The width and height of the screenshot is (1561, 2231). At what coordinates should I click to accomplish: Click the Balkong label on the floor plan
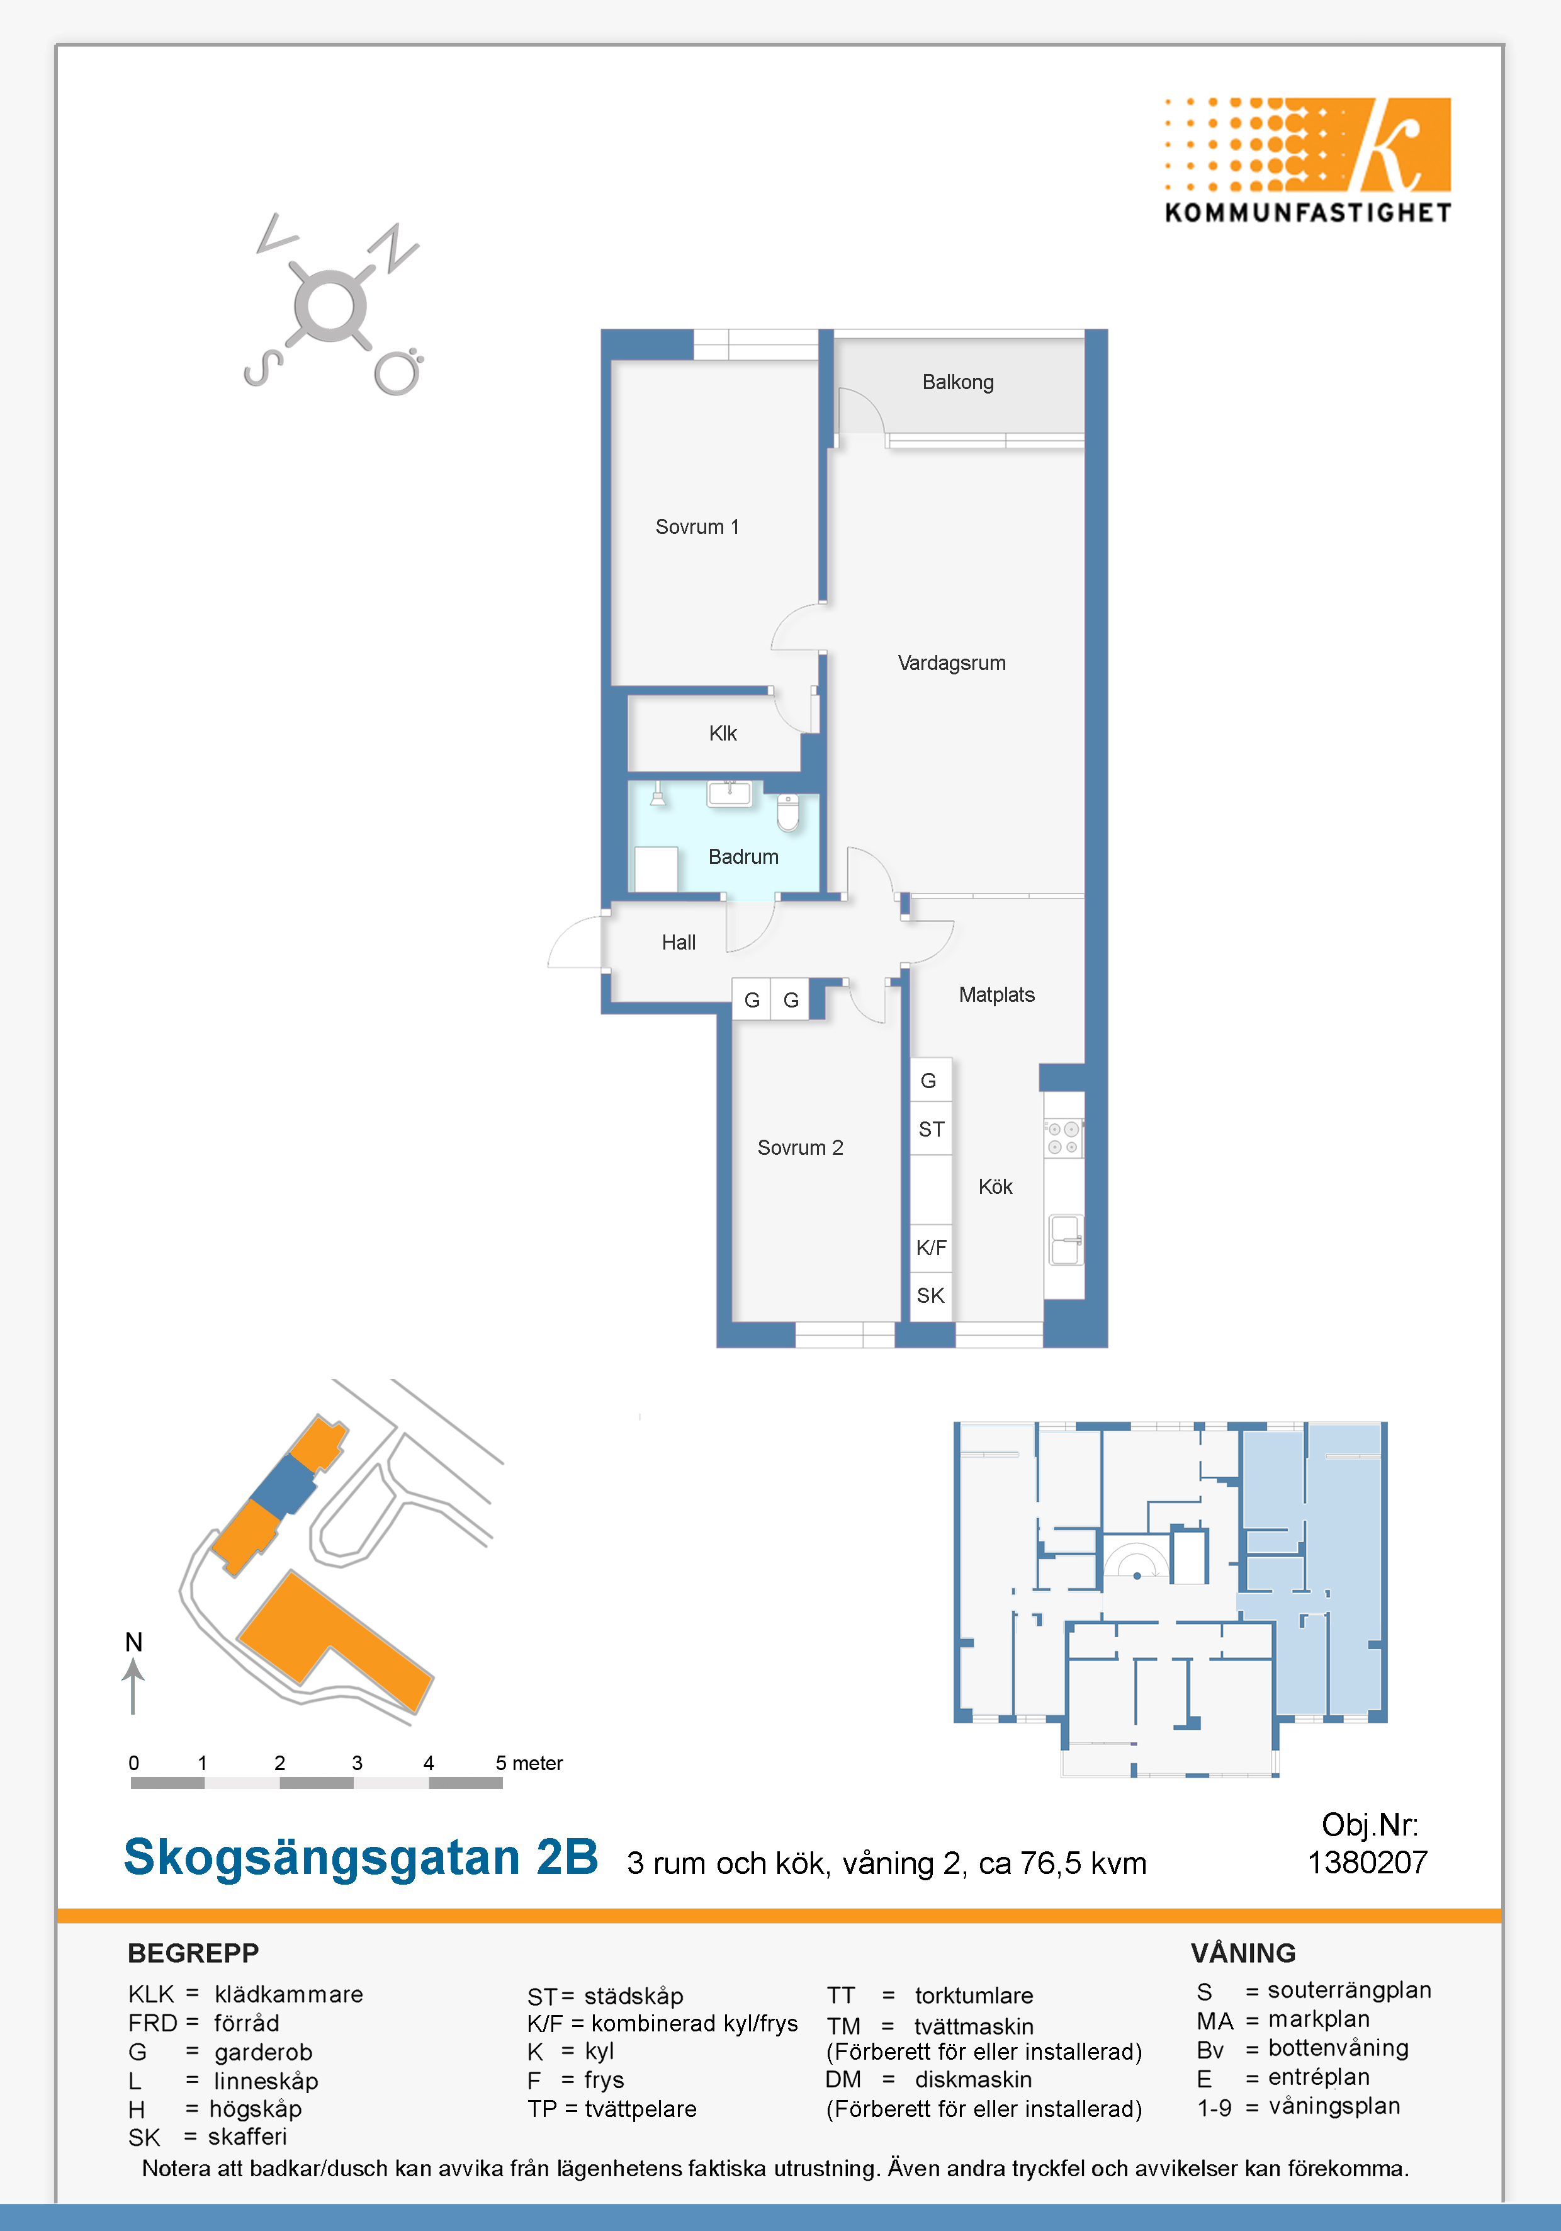[958, 382]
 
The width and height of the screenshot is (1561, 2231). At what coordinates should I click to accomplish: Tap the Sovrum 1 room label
[697, 526]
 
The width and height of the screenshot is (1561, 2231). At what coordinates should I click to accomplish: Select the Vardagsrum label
[951, 662]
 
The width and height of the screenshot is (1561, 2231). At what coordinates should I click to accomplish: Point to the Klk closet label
[722, 733]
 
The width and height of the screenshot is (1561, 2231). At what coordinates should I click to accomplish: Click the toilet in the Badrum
[788, 812]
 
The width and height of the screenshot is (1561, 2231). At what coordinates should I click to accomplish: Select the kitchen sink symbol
[1066, 1240]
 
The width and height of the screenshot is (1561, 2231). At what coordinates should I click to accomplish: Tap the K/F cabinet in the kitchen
[930, 1247]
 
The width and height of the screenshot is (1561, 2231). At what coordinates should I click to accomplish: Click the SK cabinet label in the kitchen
[930, 1295]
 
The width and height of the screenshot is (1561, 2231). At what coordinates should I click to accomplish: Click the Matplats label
[996, 994]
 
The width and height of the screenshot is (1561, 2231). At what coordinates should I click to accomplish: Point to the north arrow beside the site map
[133, 1687]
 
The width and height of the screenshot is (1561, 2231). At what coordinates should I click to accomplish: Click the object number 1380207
[1368, 1863]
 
